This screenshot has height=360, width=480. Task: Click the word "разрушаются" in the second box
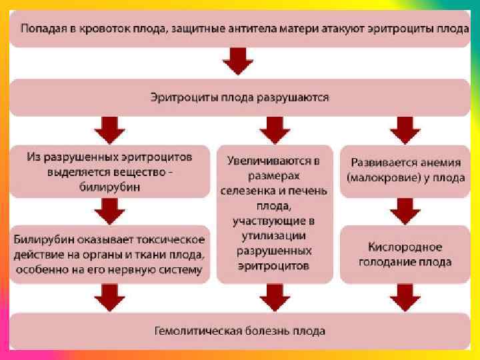tap(295, 97)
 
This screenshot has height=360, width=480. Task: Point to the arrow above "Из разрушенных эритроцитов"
tap(108, 127)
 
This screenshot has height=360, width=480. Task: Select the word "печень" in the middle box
tap(310, 191)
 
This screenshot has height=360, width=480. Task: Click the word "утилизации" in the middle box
tap(274, 235)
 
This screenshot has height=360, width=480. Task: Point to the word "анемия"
tap(439, 163)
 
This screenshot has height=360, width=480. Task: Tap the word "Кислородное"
tap(405, 247)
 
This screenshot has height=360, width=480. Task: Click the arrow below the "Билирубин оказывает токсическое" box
tap(108, 297)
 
